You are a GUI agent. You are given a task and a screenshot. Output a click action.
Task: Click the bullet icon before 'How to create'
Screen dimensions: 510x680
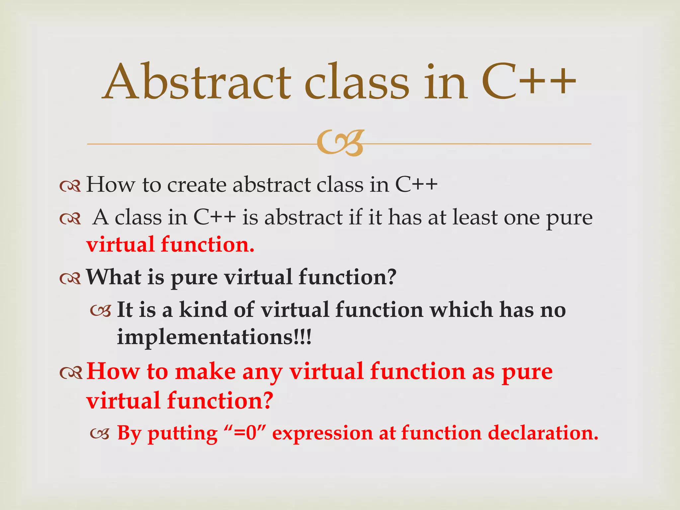[x=70, y=186]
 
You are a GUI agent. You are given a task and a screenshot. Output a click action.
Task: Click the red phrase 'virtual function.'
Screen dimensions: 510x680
[x=170, y=245]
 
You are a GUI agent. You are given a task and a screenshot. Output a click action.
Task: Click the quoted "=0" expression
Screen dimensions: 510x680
[x=245, y=433]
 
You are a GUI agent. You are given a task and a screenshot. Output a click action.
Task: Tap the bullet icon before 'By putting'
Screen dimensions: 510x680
[x=100, y=434]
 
